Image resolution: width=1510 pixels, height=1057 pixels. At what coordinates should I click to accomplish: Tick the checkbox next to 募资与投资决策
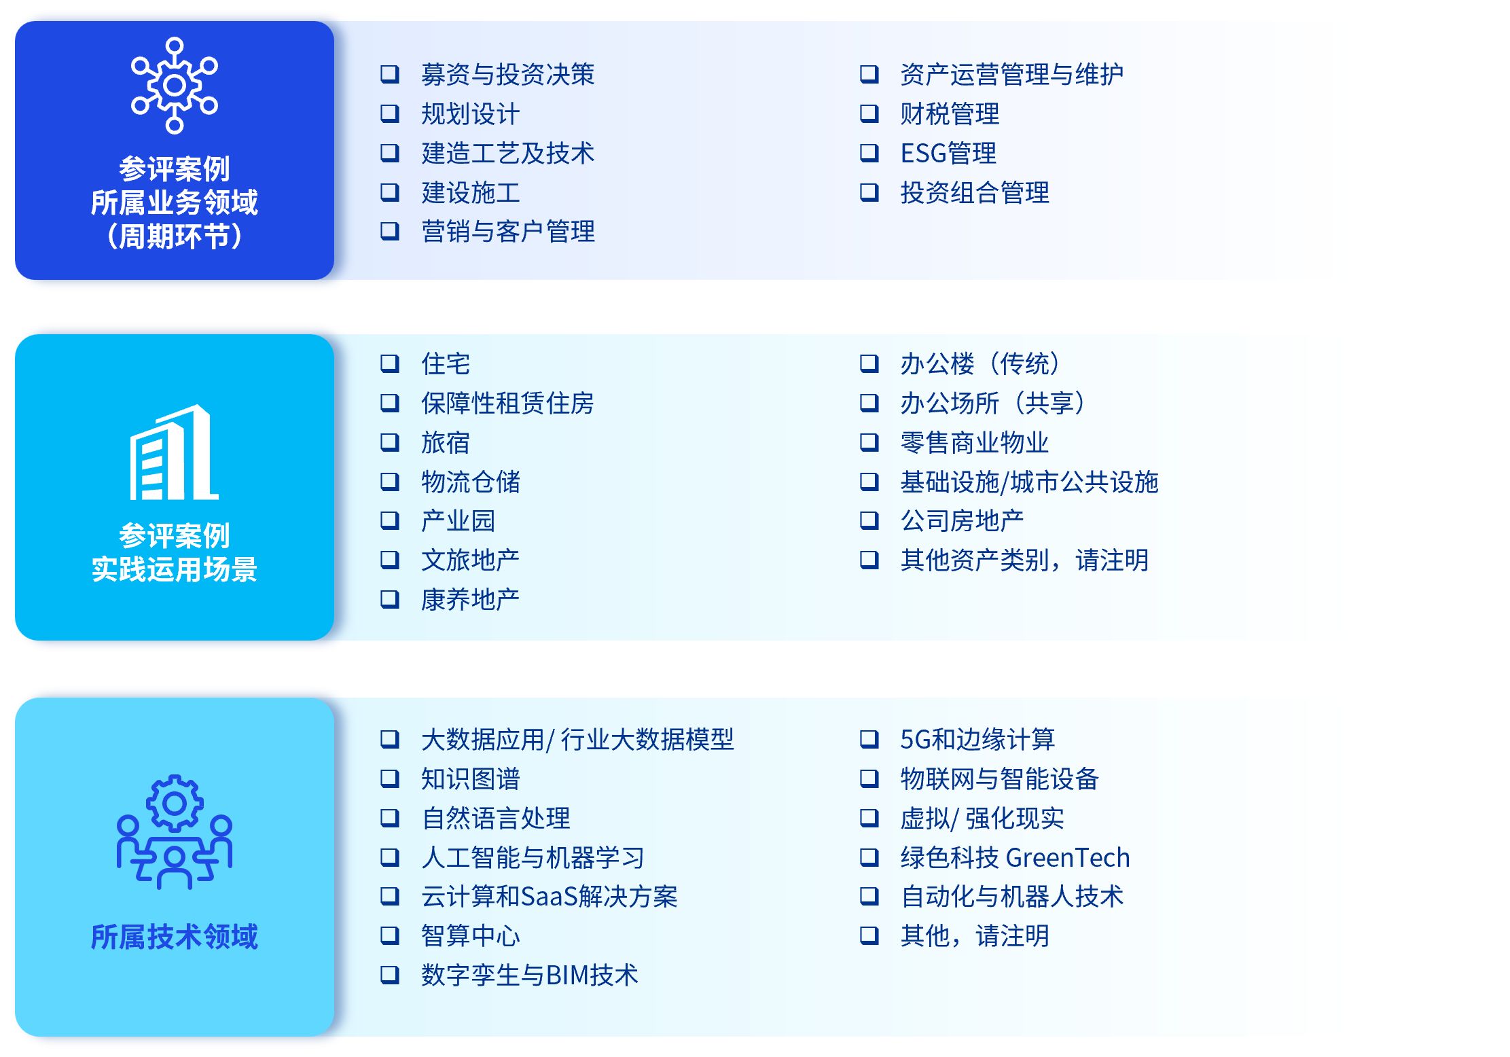tap(389, 74)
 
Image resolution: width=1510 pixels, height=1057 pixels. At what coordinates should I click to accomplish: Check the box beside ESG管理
tap(869, 153)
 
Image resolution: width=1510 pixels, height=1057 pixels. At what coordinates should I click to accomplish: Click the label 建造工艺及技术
tap(507, 153)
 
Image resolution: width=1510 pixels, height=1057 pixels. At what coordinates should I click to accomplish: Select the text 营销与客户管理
tap(507, 232)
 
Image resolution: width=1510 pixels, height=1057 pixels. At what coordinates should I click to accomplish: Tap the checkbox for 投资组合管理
tap(869, 192)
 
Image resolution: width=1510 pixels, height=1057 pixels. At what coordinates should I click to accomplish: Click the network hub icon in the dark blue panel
tap(175, 85)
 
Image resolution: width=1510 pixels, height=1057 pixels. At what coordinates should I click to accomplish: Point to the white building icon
tap(174, 452)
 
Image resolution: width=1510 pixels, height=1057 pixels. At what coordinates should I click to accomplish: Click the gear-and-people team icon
tap(175, 832)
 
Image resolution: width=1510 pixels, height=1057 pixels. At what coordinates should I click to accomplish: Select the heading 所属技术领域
tap(175, 937)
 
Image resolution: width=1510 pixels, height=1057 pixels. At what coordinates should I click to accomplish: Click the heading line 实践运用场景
tap(175, 569)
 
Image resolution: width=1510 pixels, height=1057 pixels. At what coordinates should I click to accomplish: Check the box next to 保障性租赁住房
tap(389, 403)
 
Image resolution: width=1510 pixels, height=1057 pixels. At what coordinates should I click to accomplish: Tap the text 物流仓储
tap(470, 482)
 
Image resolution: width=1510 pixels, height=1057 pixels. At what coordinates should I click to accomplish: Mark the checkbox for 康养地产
tap(389, 599)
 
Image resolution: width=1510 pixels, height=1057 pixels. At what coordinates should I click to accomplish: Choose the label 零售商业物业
tap(975, 442)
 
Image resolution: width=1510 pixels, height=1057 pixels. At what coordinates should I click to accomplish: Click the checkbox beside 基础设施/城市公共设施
tap(869, 482)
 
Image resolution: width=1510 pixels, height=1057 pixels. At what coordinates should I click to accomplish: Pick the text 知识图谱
tap(470, 778)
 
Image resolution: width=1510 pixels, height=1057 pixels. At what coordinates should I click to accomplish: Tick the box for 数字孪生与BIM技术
tap(389, 975)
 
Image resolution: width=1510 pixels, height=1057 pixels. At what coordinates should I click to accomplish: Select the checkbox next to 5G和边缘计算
tap(869, 739)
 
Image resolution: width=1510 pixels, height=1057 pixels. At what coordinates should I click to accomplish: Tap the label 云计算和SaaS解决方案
tap(549, 897)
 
